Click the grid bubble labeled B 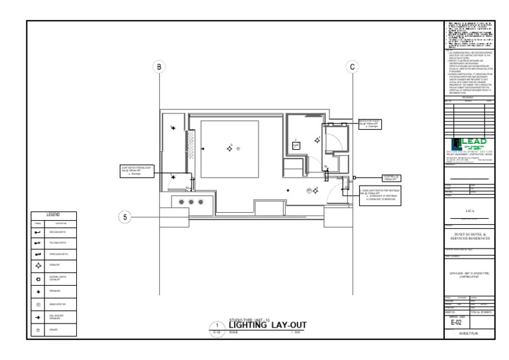point(158,66)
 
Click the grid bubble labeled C point(352,66)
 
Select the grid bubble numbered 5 point(124,217)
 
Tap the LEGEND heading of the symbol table point(53,215)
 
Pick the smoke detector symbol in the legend point(38,305)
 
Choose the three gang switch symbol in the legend point(38,255)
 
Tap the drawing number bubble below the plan point(216,326)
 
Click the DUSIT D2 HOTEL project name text point(469,235)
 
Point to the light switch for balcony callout point(137,170)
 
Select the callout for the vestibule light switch point(385,196)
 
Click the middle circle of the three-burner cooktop point(191,201)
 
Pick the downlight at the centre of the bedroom point(230,149)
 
